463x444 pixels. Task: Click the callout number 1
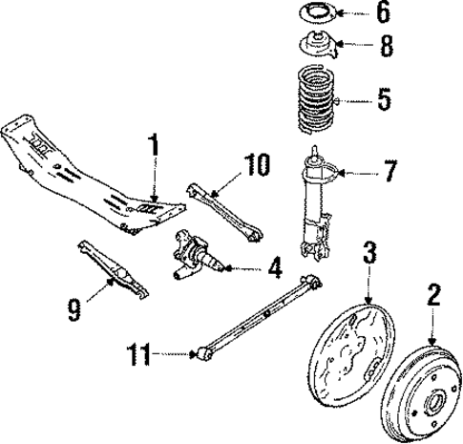[152, 150]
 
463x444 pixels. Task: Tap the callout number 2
[433, 298]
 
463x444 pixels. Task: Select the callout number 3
[368, 252]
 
